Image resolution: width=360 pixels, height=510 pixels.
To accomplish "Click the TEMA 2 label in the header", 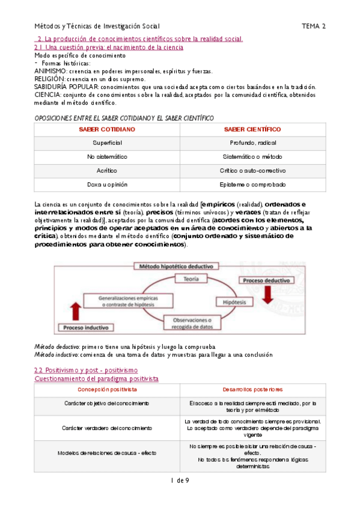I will point(314,26).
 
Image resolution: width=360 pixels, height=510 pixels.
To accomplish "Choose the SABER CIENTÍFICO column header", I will point(252,129).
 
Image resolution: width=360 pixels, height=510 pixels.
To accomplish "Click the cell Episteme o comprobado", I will point(252,184).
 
